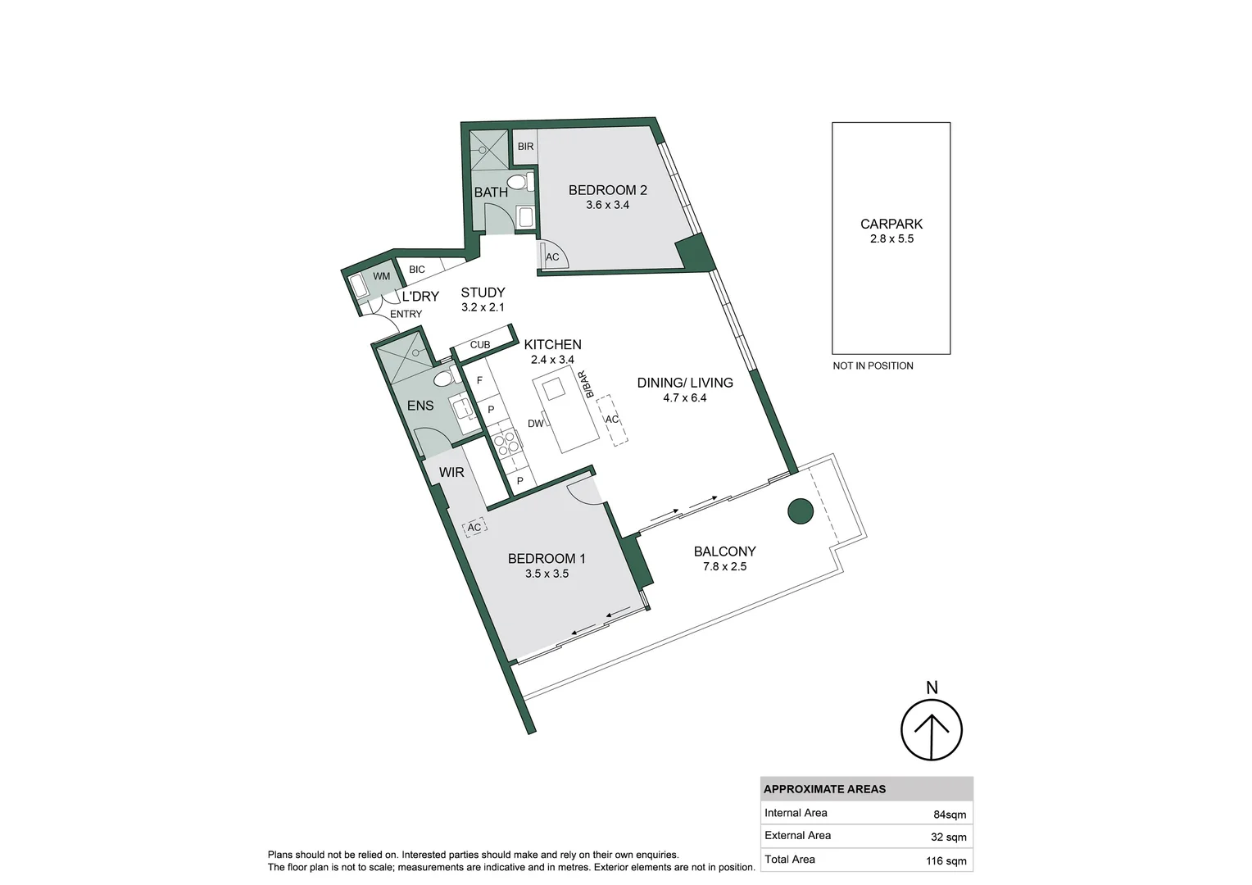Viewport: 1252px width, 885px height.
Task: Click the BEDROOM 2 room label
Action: tap(607, 190)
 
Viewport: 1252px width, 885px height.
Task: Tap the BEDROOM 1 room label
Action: tap(547, 559)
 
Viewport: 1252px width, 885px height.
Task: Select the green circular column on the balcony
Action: tap(801, 511)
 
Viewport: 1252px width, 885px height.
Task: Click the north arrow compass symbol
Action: tap(932, 728)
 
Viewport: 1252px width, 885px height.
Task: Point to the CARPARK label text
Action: tap(891, 224)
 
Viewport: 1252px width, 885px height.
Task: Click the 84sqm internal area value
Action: tap(950, 815)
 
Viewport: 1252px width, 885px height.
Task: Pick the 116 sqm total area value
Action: tap(946, 860)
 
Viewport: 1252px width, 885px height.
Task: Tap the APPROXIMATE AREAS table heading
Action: tap(824, 789)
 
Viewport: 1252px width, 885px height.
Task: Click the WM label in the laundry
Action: tap(382, 277)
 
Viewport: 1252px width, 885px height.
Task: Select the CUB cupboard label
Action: tap(480, 345)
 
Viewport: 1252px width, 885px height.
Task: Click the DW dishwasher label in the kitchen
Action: tap(535, 424)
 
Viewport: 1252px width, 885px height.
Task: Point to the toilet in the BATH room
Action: tap(518, 182)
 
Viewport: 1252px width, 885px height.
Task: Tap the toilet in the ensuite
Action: tap(443, 378)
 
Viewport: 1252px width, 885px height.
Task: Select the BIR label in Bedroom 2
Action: tap(525, 147)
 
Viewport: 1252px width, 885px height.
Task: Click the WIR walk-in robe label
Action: tap(451, 473)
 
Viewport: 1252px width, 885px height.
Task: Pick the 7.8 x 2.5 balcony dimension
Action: tap(724, 566)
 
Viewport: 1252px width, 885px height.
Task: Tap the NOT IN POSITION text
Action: tap(873, 365)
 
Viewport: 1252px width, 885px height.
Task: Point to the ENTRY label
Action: tap(406, 314)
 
